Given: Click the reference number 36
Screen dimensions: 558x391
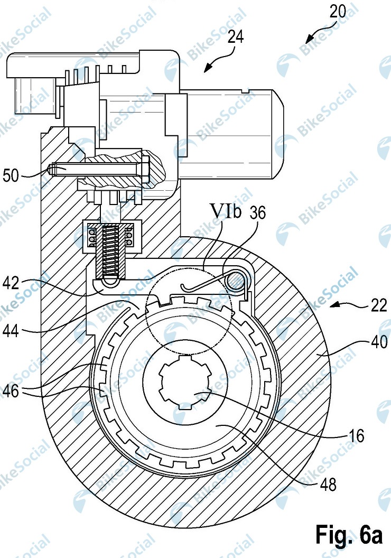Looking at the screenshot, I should pyautogui.click(x=257, y=212).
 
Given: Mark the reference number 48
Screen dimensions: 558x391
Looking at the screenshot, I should pyautogui.click(x=328, y=485).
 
